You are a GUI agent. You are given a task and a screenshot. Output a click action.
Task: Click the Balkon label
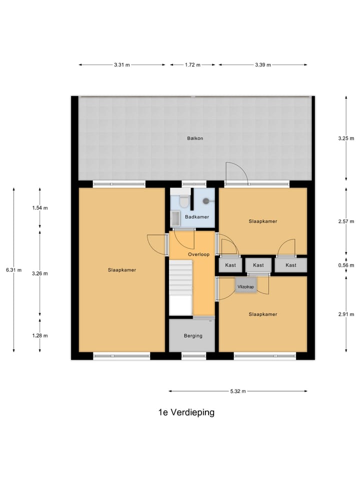tap(195, 138)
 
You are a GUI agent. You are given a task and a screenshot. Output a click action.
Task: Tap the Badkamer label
tap(197, 217)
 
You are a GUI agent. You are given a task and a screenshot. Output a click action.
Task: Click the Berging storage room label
tap(192, 336)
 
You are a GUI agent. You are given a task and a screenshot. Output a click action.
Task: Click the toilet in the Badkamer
tap(184, 201)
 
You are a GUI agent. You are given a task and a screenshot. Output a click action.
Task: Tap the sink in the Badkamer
tap(175, 218)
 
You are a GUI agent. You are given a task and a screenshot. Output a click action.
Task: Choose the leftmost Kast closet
tap(230, 265)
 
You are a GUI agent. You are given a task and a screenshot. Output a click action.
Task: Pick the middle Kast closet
tap(258, 265)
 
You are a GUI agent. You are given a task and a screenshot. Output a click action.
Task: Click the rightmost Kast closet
tap(291, 265)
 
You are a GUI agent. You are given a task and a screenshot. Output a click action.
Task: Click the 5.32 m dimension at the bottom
tap(237, 391)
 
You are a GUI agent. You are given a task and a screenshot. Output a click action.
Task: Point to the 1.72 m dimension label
tap(192, 65)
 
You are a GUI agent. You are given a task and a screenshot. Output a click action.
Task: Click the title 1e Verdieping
tap(186, 412)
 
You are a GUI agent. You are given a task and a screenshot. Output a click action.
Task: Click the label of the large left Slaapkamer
tap(121, 270)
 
